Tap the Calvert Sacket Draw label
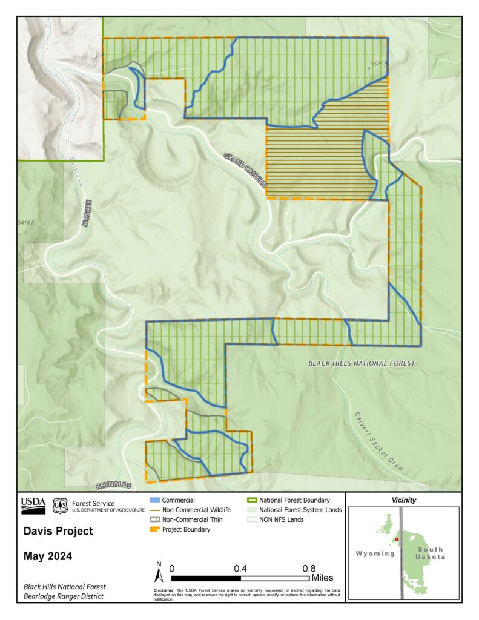point(378,443)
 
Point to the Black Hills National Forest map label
point(362,363)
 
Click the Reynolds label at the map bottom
point(114,486)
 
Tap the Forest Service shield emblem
point(59,506)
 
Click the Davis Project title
point(58,532)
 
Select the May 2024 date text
point(48,556)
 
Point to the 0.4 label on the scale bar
point(240,569)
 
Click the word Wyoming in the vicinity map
point(375,553)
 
